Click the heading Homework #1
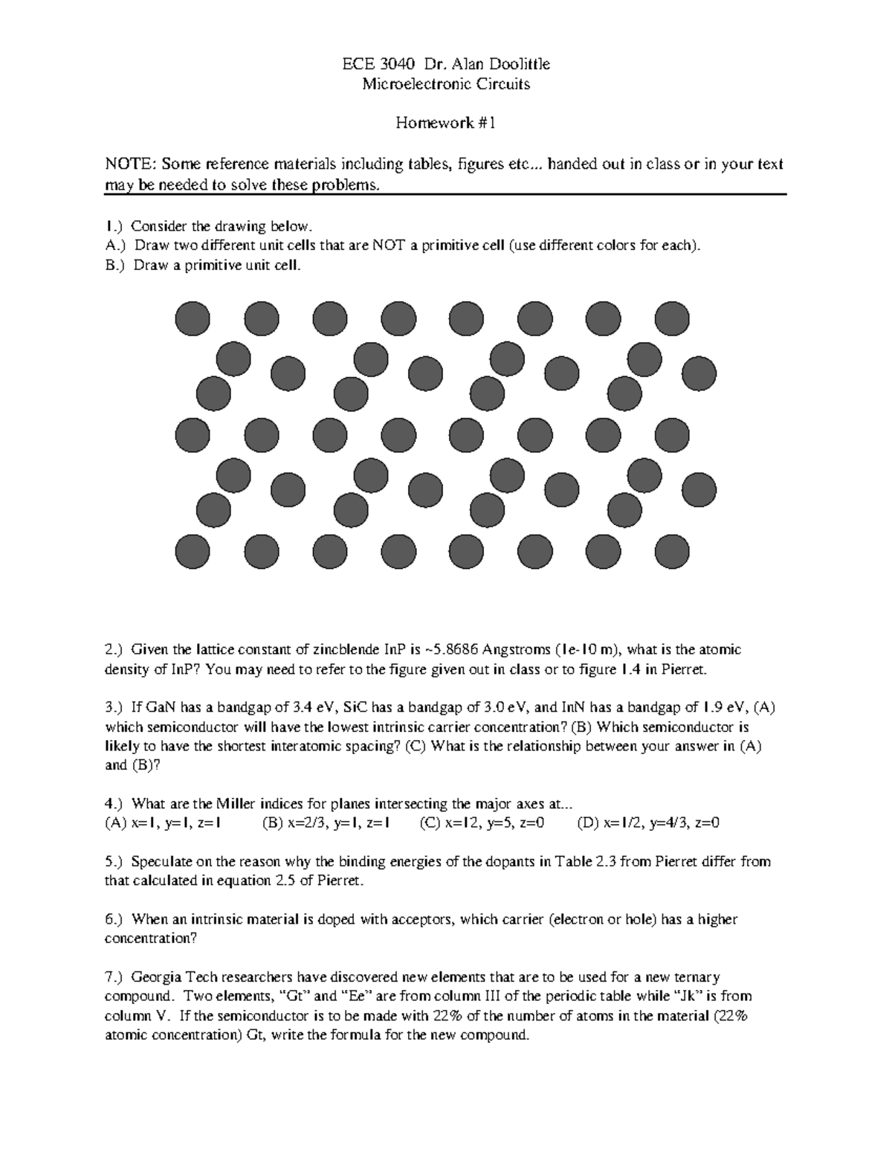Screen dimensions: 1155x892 [x=445, y=123]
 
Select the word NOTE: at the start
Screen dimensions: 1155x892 [x=130, y=164]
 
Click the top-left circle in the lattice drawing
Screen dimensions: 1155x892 [x=193, y=319]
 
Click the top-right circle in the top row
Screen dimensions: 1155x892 [x=672, y=319]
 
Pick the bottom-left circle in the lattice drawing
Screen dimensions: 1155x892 [x=193, y=552]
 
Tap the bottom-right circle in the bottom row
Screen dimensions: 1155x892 [x=672, y=552]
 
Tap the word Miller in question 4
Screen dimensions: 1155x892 [x=236, y=804]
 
